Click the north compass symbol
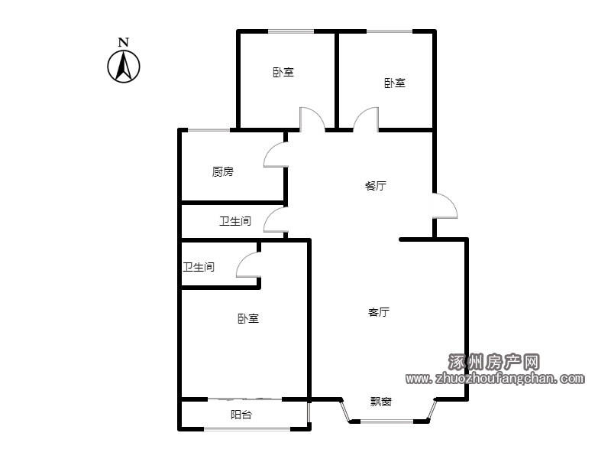(124, 67)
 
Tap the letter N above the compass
(124, 42)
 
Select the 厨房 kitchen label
(223, 171)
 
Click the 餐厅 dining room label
(376, 185)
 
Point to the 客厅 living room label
(379, 312)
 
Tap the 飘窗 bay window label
(380, 401)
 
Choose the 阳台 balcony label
(241, 415)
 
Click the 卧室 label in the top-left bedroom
(283, 72)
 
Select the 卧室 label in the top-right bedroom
(395, 83)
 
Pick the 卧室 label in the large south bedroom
(248, 318)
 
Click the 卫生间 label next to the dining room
(235, 221)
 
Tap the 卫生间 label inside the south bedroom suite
(199, 267)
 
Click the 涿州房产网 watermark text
(493, 362)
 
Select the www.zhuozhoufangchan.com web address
(495, 378)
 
